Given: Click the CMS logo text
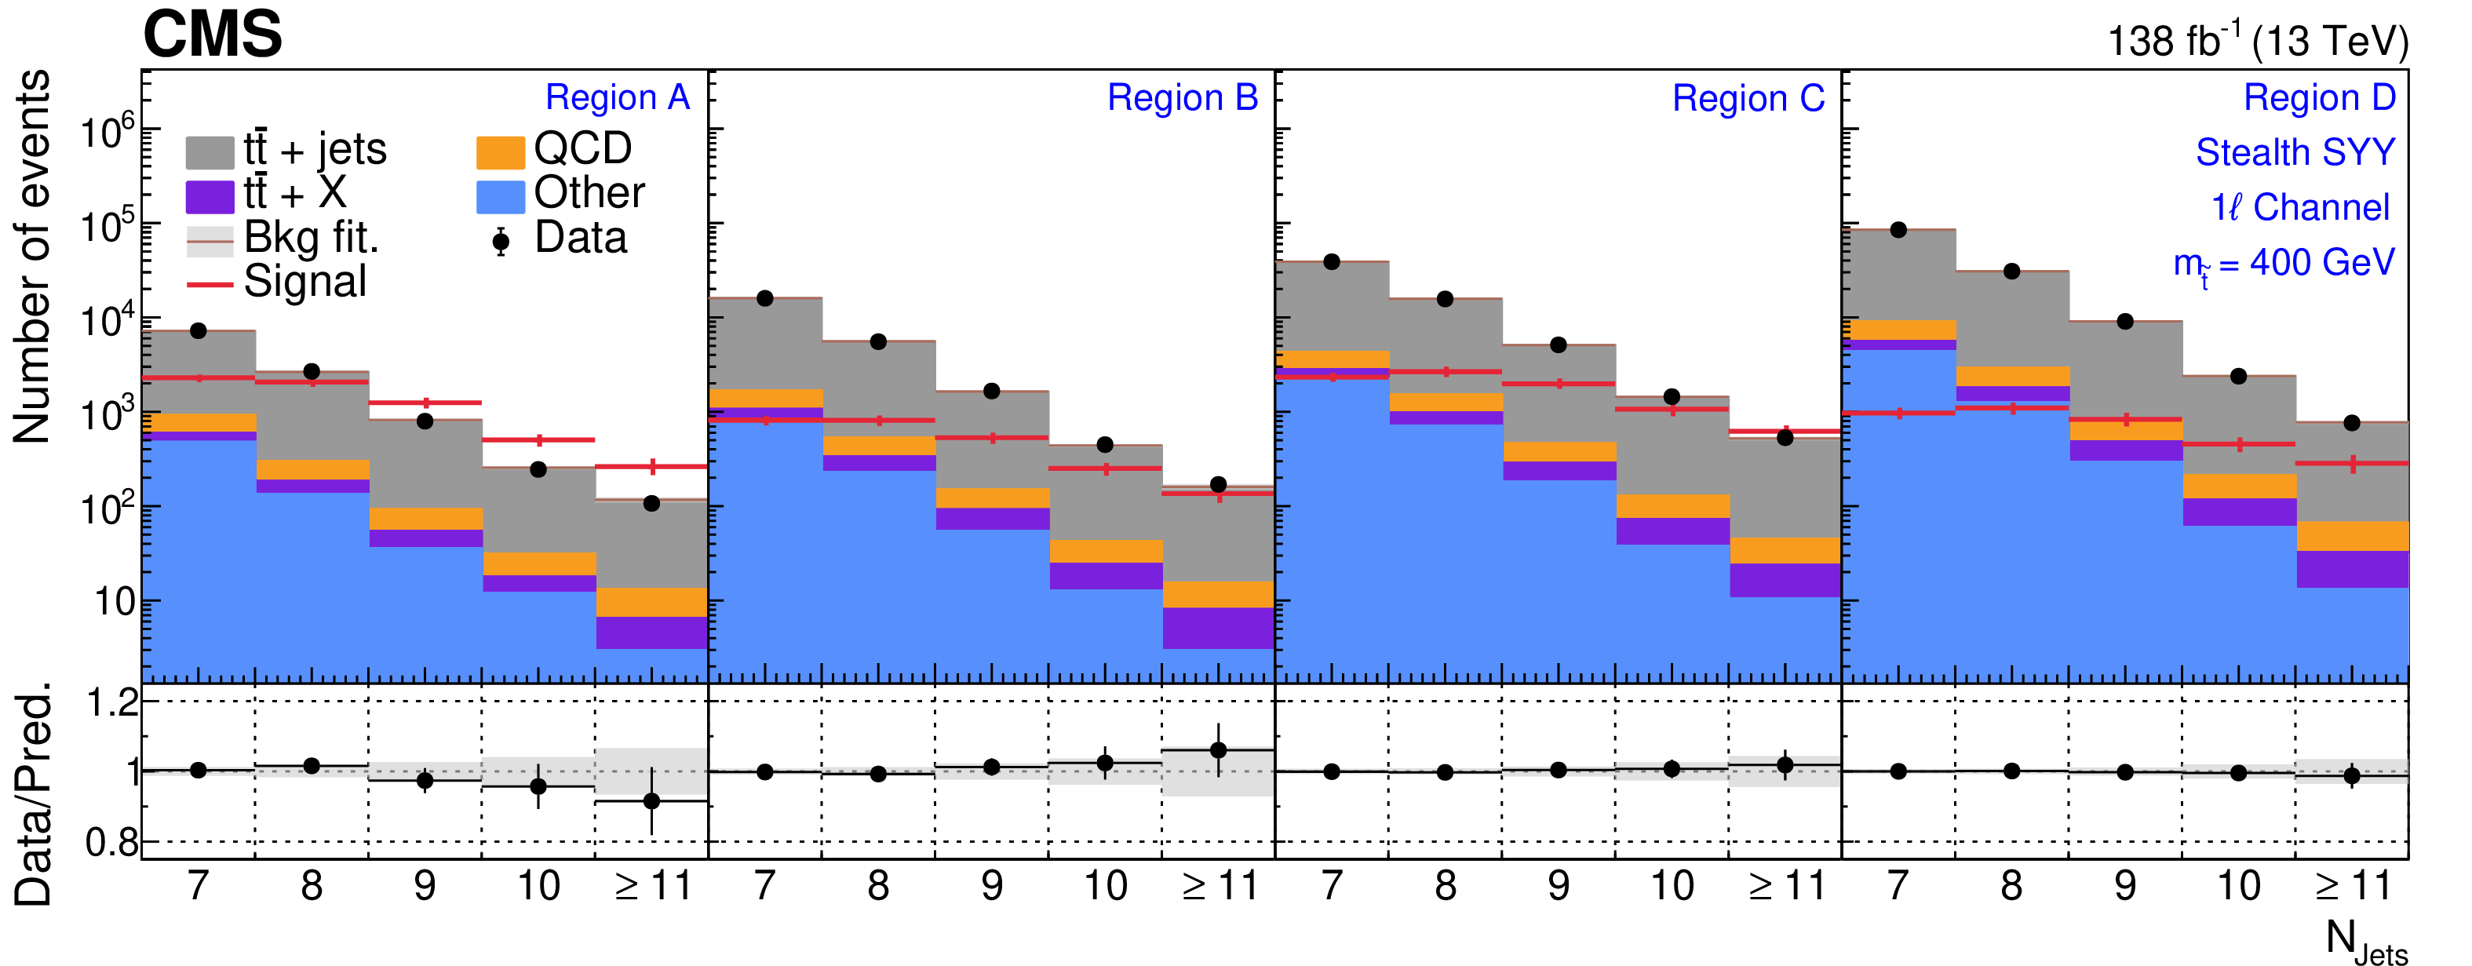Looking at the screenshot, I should (212, 35).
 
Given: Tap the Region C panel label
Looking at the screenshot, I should (1748, 98).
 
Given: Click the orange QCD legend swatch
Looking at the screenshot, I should (500, 151).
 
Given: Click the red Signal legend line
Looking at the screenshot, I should (210, 284).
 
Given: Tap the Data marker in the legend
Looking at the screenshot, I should (500, 241).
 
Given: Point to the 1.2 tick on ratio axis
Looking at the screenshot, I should (112, 703).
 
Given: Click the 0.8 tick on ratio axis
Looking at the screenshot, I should (111, 842).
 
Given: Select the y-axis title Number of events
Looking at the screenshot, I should (31, 257).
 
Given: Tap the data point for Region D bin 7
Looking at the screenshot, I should (1898, 230).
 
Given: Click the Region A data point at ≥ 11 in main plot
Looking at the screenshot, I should (651, 504).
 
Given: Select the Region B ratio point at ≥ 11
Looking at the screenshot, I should (1218, 750).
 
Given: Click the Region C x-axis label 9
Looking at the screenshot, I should (1559, 885).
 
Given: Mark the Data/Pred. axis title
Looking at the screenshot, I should (34, 794).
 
